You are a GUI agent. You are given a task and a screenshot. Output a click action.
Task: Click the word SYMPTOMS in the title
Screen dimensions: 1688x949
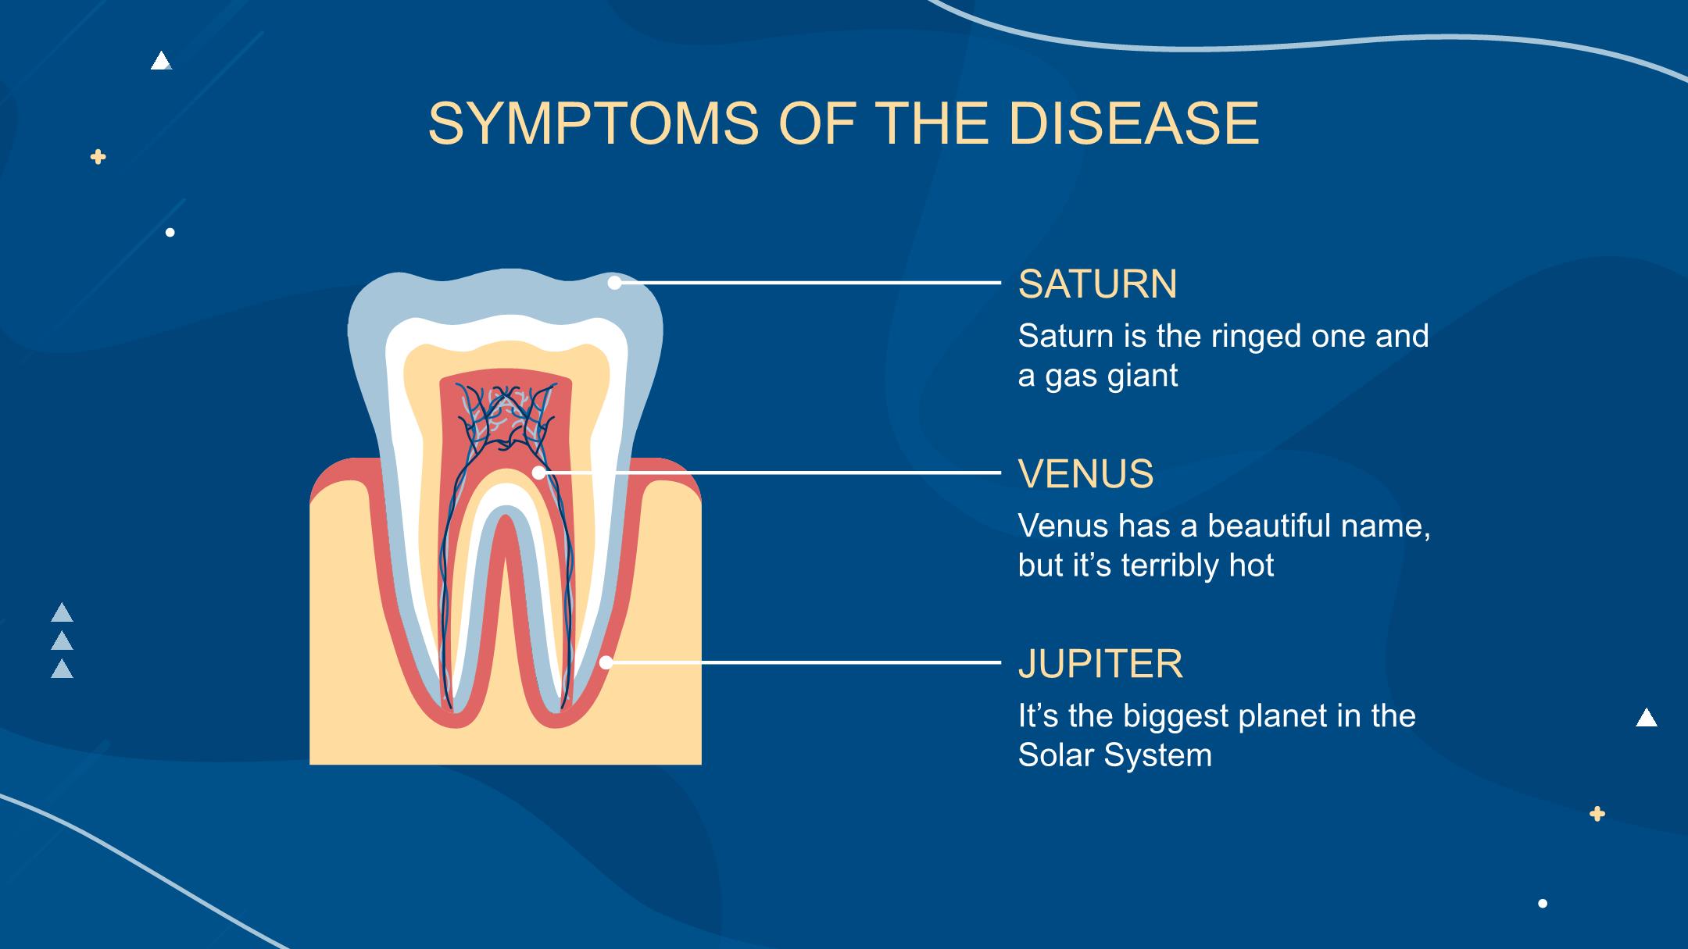tap(593, 123)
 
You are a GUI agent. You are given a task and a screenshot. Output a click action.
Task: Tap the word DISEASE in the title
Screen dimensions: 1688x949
tap(1134, 123)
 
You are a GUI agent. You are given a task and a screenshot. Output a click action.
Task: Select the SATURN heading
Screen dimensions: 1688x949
tap(1097, 284)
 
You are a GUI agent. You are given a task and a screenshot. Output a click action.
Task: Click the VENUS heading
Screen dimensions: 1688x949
tap(1085, 473)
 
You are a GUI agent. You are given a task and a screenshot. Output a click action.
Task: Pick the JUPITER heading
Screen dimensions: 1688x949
tap(1100, 663)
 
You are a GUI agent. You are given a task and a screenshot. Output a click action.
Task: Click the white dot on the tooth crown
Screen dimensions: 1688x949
tap(615, 283)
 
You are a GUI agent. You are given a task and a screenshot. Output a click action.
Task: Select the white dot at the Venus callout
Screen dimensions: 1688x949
tap(538, 473)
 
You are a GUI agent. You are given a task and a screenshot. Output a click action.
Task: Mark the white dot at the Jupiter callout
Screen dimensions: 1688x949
tap(606, 662)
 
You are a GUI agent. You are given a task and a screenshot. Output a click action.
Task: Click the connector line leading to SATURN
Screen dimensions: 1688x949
tap(808, 283)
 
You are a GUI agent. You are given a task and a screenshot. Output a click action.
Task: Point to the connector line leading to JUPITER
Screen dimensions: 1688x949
tap(803, 662)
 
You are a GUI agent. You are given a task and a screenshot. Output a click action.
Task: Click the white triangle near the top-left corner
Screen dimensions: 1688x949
tap(161, 62)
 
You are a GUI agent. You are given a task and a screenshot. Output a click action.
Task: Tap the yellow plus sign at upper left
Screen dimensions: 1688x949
tap(98, 157)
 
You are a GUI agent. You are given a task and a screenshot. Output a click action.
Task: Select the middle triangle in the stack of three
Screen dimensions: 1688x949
tap(62, 641)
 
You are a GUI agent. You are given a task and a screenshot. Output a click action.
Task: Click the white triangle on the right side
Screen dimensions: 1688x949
tap(1647, 717)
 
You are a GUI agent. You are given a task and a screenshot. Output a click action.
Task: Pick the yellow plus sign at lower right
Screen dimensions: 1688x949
tap(1597, 814)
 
